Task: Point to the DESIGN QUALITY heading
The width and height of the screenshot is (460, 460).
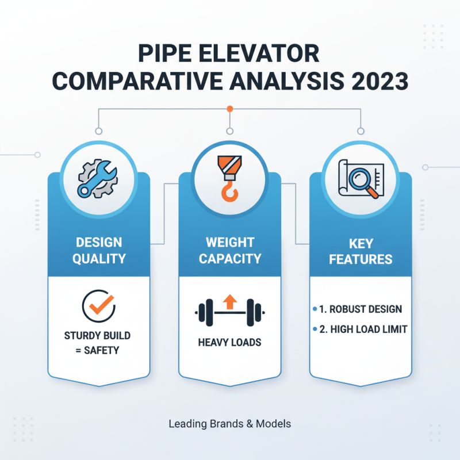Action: pyautogui.click(x=99, y=250)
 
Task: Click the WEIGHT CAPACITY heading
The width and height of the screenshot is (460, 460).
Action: pyautogui.click(x=229, y=250)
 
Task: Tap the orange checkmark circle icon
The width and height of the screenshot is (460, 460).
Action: pyautogui.click(x=99, y=305)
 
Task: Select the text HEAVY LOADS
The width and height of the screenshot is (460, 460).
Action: pyautogui.click(x=229, y=342)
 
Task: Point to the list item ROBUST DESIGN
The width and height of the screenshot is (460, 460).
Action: pyautogui.click(x=361, y=309)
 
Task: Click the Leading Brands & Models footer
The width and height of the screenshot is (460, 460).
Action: pyautogui.click(x=229, y=424)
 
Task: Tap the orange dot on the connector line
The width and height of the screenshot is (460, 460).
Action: pyautogui.click(x=229, y=108)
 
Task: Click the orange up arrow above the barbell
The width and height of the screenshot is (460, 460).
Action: pyautogui.click(x=229, y=300)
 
